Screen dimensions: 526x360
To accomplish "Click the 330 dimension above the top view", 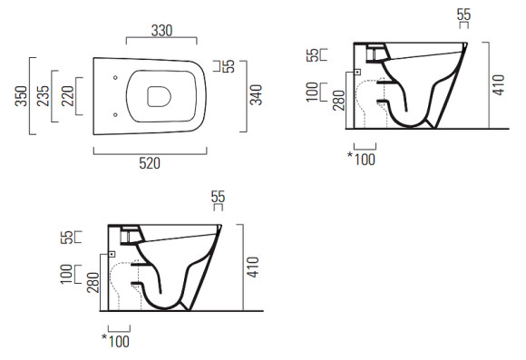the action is click(x=161, y=31).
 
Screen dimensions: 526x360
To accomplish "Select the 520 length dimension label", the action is click(x=150, y=163).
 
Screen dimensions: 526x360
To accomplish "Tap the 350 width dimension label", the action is click(x=21, y=96).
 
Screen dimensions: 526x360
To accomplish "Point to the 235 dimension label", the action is click(x=43, y=96).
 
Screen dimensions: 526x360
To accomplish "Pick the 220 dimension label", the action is click(x=68, y=96).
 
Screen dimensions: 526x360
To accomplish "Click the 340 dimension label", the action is click(x=257, y=94).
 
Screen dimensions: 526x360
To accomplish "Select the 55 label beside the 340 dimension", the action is click(x=229, y=66).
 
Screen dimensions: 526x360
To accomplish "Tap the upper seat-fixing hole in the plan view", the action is click(x=115, y=77).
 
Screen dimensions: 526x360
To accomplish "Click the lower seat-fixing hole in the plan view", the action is click(x=115, y=115).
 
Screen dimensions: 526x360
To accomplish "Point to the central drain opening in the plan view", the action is click(x=159, y=97).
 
